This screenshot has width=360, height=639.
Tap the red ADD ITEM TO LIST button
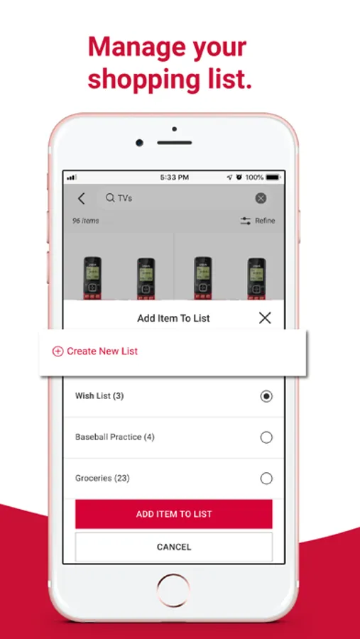[174, 514]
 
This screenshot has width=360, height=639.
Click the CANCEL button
[174, 547]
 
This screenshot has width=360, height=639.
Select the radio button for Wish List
[266, 396]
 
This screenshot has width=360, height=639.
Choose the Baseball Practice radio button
[266, 437]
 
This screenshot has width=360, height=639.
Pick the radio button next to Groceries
[266, 478]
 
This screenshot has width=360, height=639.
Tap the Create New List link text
[102, 351]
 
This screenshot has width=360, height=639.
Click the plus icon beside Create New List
[58, 351]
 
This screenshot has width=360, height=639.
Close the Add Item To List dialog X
[265, 318]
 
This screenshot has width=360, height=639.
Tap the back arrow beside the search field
[82, 199]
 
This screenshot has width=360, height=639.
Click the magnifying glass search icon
[110, 198]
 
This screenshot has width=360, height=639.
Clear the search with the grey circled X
[261, 199]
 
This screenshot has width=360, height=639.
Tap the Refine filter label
[265, 221]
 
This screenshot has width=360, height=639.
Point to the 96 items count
[86, 221]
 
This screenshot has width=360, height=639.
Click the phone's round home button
[174, 591]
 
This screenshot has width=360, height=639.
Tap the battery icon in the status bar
[273, 177]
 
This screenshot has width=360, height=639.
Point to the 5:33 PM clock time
[174, 177]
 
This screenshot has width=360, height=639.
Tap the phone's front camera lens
[140, 143]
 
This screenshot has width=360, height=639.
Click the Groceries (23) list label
[102, 478]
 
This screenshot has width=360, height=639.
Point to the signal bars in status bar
[72, 177]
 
